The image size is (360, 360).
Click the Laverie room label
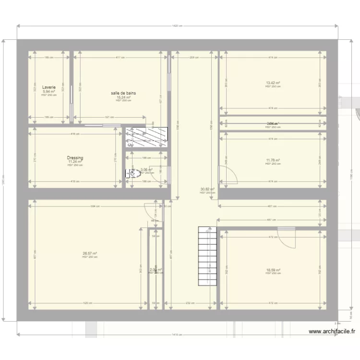tap(49, 88)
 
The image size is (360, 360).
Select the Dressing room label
tap(75, 158)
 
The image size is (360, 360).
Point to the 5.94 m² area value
tap(49, 92)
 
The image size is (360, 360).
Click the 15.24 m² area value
tap(123, 97)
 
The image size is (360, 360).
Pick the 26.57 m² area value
tap(90, 253)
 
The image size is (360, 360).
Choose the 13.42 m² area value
tap(273, 83)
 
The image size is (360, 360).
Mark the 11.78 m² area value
tap(273, 161)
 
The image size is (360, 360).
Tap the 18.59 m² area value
tap(273, 270)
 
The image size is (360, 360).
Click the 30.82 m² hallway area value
tap(207, 190)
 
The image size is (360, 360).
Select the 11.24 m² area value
tap(75, 162)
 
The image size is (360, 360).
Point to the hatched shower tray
tap(146, 137)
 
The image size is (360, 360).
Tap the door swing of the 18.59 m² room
tap(288, 237)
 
